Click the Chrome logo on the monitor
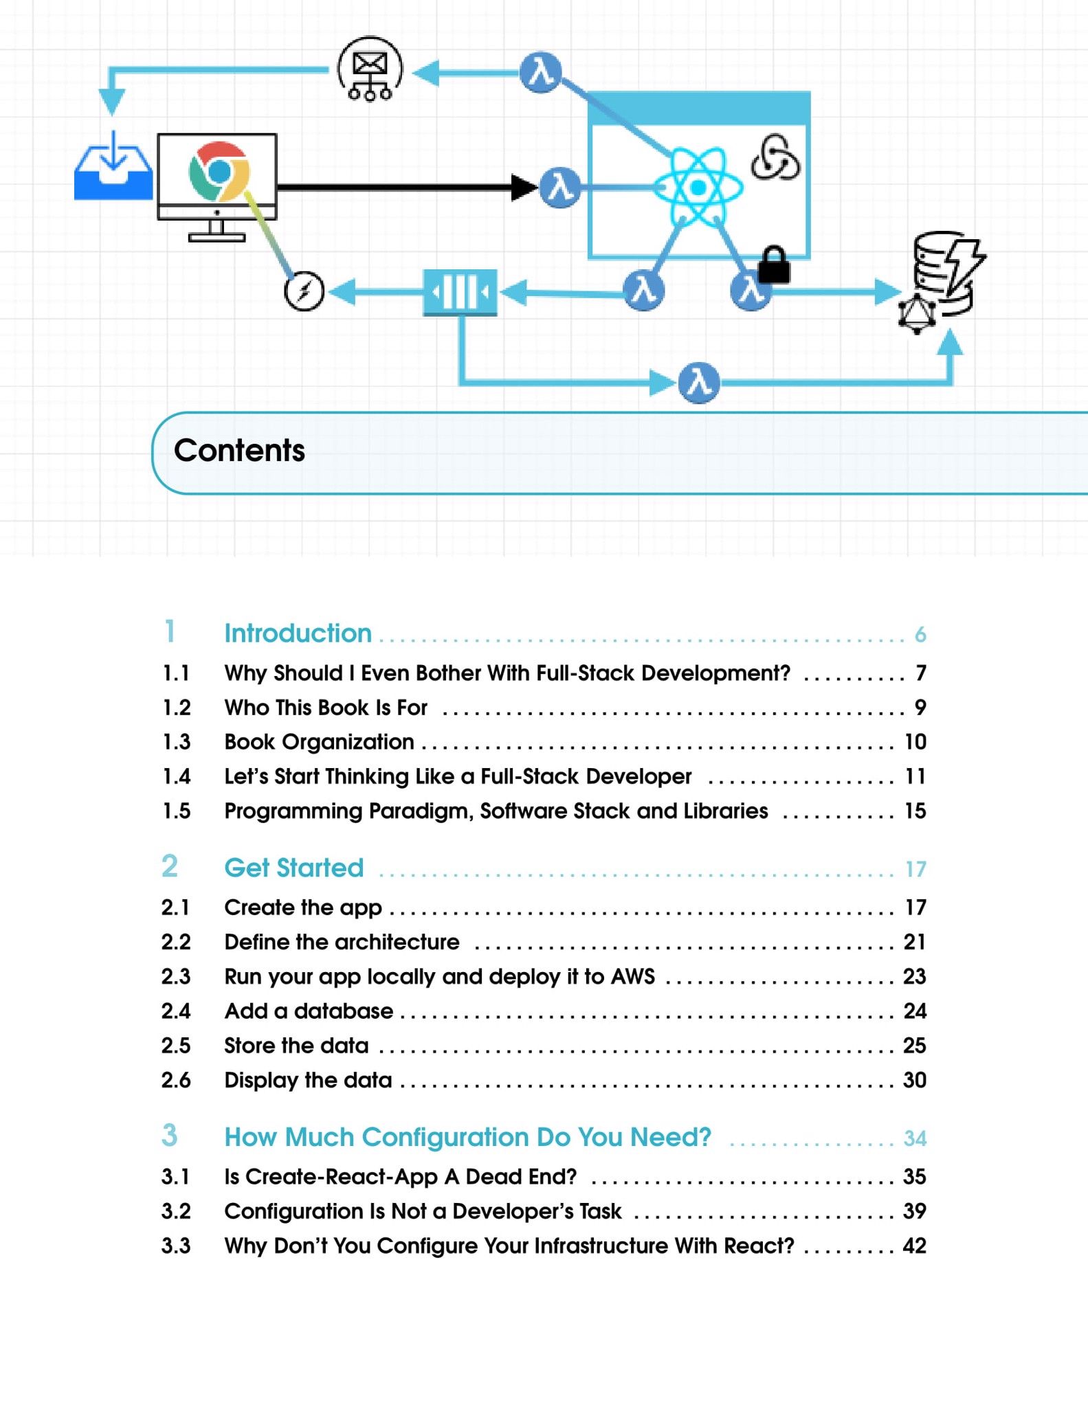[x=219, y=172]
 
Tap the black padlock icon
[x=774, y=265]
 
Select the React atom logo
[x=698, y=187]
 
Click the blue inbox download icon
[x=113, y=168]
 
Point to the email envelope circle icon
[x=370, y=69]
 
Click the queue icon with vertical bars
[x=460, y=293]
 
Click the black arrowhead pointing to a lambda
[x=524, y=187]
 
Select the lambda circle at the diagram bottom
[x=698, y=383]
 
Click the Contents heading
[x=239, y=451]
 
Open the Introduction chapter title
[x=298, y=633]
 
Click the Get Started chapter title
[x=293, y=868]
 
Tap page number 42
[x=914, y=1246]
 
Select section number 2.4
[x=176, y=1011]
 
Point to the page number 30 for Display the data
[x=914, y=1080]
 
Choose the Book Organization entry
[x=319, y=742]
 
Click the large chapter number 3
[x=170, y=1136]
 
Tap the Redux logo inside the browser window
[x=775, y=157]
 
